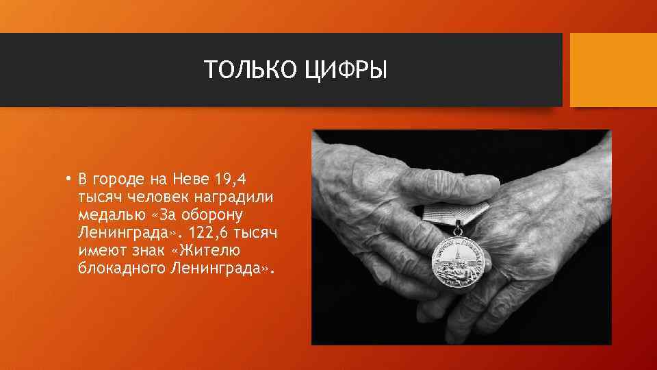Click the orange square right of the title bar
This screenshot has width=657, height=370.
pos(613,70)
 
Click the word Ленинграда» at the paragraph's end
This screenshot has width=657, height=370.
pos(224,269)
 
